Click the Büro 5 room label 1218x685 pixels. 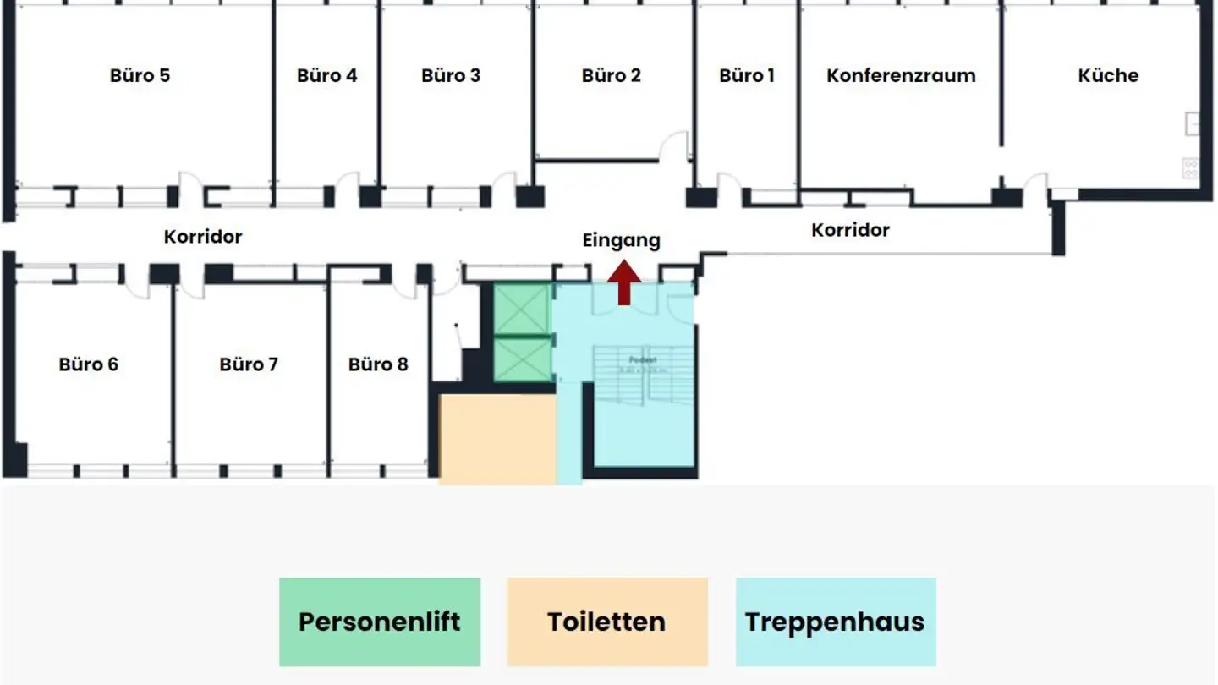[140, 75]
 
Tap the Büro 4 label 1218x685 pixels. [326, 75]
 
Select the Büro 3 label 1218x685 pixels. [451, 75]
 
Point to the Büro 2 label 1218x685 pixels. [611, 75]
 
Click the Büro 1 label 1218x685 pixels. [747, 75]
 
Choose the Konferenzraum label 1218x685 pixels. [901, 75]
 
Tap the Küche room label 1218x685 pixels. [1108, 75]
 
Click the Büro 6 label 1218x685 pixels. [89, 364]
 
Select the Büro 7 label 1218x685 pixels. [249, 364]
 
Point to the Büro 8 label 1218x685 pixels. [378, 364]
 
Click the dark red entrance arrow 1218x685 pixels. [624, 283]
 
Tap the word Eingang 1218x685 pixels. [621, 241]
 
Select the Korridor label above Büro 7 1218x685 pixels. [203, 237]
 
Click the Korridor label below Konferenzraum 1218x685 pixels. [850, 230]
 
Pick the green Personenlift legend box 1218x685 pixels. [380, 622]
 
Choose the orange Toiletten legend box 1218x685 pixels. [607, 622]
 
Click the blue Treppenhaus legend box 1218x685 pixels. [836, 622]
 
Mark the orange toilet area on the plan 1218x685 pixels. [497, 438]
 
